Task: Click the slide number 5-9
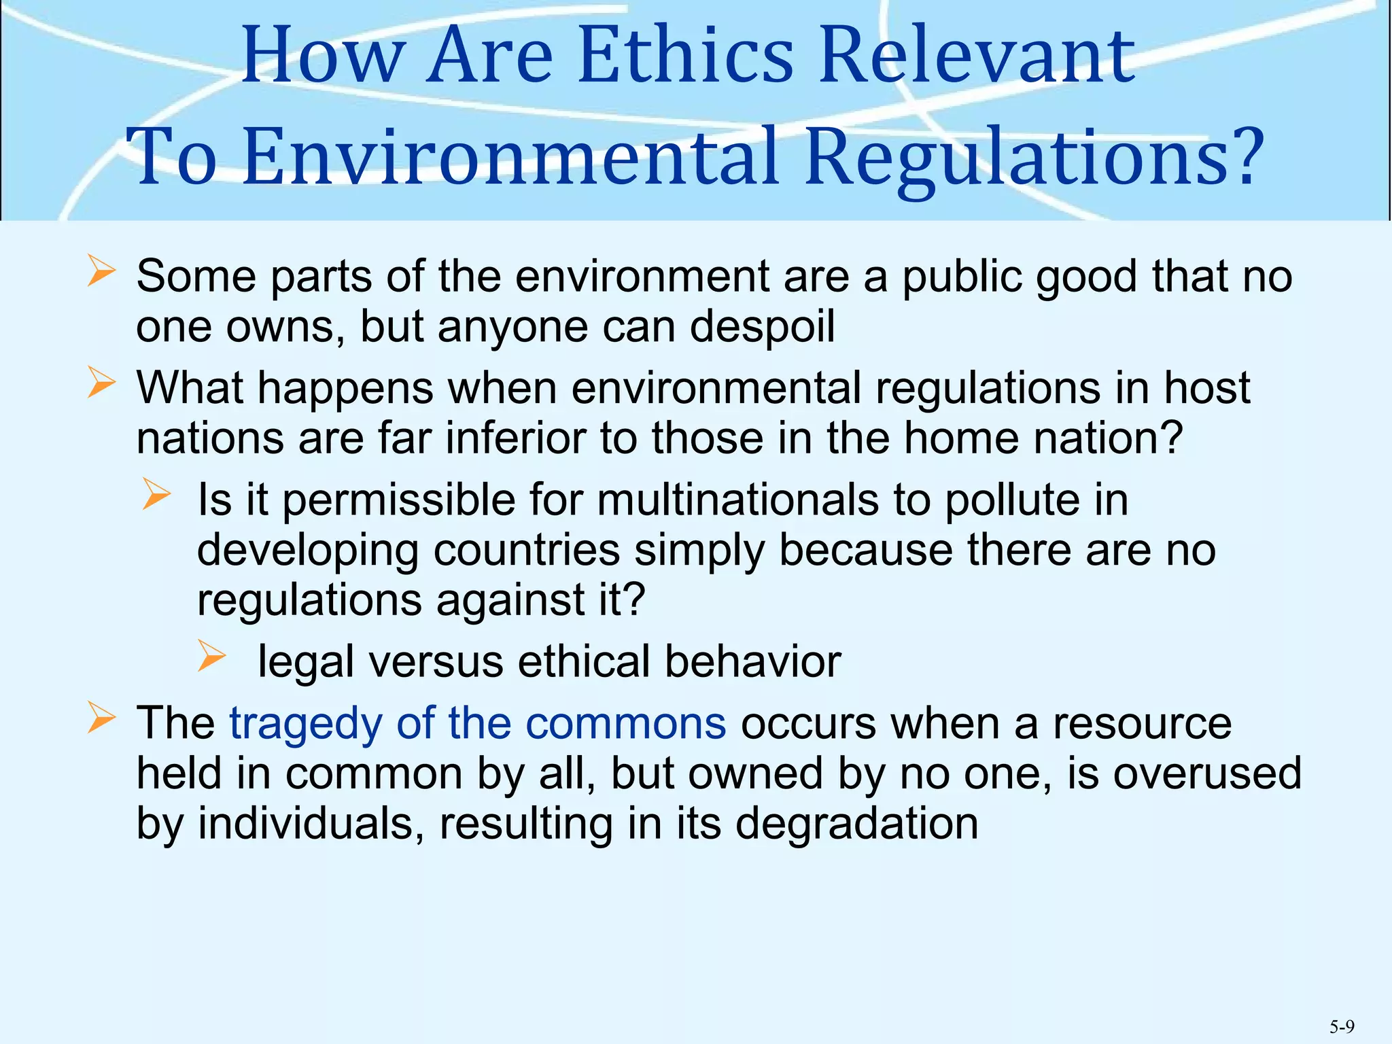1342,1026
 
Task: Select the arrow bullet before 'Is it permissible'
156,495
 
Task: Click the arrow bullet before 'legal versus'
211,657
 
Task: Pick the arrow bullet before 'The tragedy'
101,718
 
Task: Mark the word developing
307,552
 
